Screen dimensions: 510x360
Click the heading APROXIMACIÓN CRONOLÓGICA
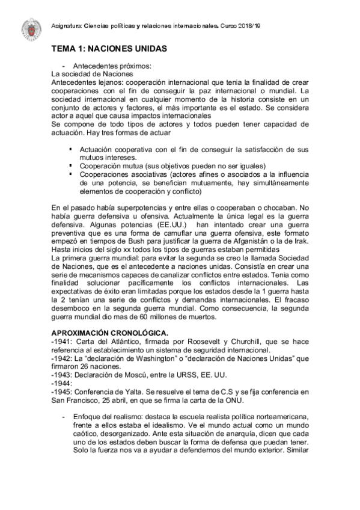click(110, 333)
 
